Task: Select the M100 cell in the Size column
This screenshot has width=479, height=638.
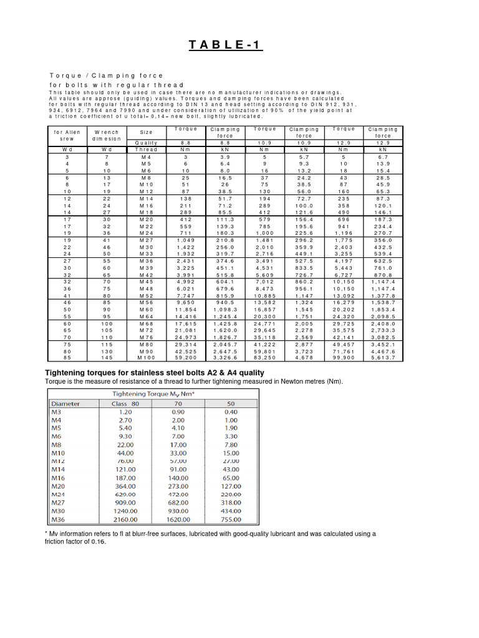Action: coord(147,358)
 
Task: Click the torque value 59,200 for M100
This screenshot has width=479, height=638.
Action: coord(186,358)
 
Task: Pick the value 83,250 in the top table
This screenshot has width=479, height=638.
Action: coord(265,358)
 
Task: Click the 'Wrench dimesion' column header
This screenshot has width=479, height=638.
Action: coord(107,135)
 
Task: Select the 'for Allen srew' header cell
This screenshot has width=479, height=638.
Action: coord(67,135)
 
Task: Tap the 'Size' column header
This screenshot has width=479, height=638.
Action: coord(147,132)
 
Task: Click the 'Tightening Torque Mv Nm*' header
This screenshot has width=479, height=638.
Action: coord(154,394)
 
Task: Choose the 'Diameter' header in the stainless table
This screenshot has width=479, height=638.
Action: coord(65,403)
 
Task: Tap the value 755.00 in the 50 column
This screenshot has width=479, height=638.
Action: coord(231,517)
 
